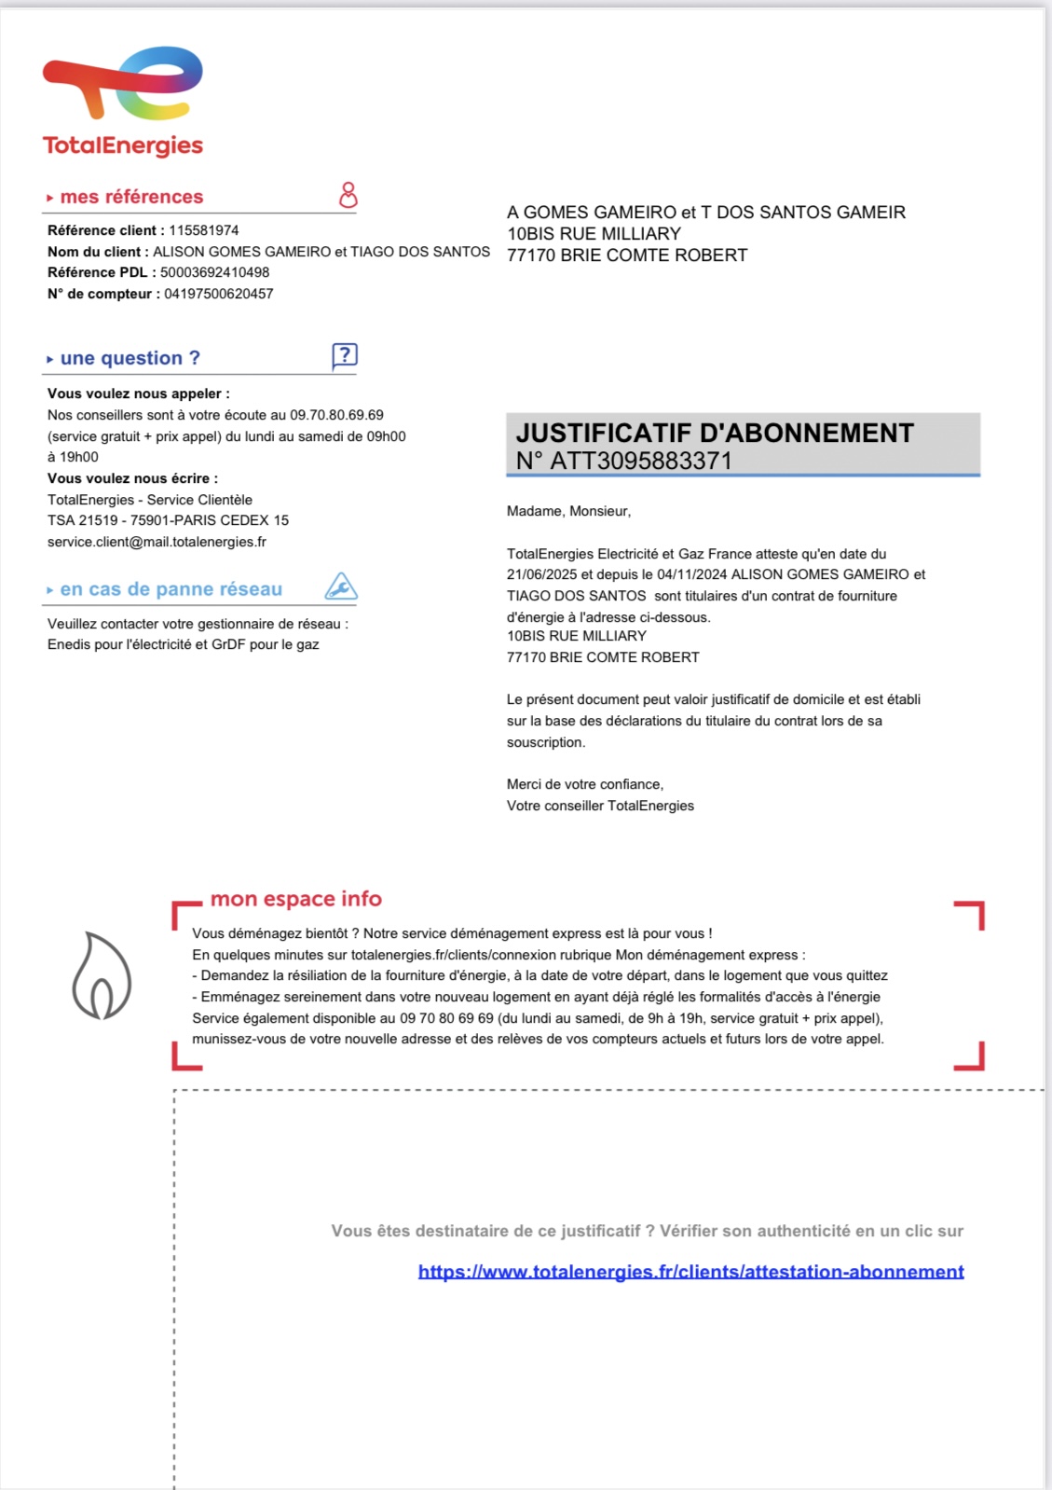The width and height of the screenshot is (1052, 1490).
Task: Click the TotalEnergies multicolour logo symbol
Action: point(122,83)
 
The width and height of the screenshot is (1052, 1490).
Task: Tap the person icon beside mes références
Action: point(348,195)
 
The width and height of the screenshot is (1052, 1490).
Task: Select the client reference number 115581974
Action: point(204,230)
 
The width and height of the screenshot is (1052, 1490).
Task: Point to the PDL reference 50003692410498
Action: point(214,272)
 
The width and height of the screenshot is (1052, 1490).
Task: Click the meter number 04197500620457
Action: point(219,294)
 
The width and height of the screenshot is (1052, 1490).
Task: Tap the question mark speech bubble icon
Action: point(344,356)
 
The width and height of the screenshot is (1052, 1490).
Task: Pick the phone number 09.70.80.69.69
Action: point(336,415)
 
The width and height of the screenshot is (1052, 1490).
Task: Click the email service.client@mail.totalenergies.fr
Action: point(157,542)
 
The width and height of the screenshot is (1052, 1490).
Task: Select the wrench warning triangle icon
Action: point(341,586)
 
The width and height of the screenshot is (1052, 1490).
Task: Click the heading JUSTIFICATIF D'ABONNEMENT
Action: point(715,433)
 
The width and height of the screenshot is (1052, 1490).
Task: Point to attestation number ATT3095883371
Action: point(641,461)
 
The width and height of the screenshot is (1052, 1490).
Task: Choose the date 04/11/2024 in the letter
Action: point(692,574)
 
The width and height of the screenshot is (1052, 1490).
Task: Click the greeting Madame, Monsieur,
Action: point(568,511)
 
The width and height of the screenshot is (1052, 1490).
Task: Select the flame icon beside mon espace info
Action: point(102,975)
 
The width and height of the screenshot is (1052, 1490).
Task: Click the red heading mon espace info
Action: point(296,899)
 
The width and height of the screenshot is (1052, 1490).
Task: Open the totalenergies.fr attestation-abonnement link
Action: point(690,1271)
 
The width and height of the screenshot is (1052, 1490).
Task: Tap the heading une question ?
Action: point(130,358)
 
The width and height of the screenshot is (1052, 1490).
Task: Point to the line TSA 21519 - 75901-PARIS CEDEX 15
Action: point(168,520)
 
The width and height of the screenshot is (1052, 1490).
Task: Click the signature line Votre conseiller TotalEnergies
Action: point(600,806)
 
